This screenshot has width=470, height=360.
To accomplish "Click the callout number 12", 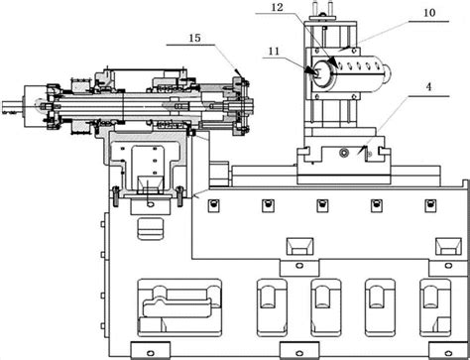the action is pyautogui.click(x=278, y=7).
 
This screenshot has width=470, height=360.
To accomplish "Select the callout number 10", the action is pyautogui.click(x=429, y=13).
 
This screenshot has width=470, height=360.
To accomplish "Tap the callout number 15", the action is pyautogui.click(x=195, y=38).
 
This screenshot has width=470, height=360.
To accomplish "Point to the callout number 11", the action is pyautogui.click(x=274, y=52).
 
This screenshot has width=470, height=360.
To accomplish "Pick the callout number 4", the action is pyautogui.click(x=428, y=87).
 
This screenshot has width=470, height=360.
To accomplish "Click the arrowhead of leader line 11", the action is pyautogui.click(x=310, y=70).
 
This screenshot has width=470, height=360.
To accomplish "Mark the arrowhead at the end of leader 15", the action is pyautogui.click(x=239, y=72).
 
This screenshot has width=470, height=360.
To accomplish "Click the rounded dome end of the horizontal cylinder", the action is pyautogui.click(x=387, y=74).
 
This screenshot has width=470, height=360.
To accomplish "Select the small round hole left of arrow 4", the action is pyautogui.click(x=344, y=153).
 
